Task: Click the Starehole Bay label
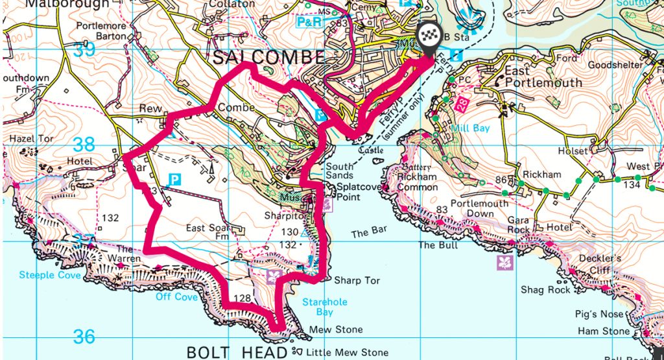325,307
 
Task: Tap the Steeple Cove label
50,276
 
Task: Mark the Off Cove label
176,297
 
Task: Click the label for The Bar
369,232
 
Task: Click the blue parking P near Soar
174,178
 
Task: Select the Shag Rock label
546,290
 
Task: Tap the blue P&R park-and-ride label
309,22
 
